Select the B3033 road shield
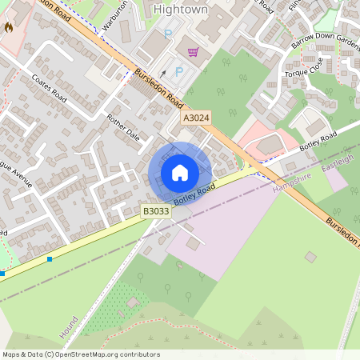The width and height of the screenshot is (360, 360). click(155, 210)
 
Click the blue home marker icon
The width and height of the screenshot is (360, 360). click(180, 173)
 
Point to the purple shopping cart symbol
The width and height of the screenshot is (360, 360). click(193, 53)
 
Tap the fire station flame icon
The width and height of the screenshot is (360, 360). click(9, 27)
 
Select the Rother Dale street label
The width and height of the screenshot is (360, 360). click(123, 127)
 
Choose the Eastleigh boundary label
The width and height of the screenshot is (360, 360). click(337, 160)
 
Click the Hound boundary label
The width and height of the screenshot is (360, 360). click(70, 326)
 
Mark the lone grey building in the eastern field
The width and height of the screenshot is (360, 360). click(310, 256)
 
